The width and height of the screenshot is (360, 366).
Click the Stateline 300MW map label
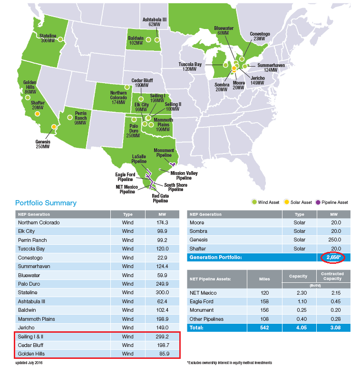48,38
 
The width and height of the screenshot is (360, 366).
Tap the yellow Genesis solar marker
54,127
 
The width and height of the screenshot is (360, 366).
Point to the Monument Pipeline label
164,153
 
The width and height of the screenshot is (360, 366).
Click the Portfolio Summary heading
46,203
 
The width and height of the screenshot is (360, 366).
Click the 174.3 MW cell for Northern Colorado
162,222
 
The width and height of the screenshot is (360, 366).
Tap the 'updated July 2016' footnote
32,363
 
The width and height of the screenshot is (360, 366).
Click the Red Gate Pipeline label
160,198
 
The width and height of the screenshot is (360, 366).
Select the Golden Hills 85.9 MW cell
162,354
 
